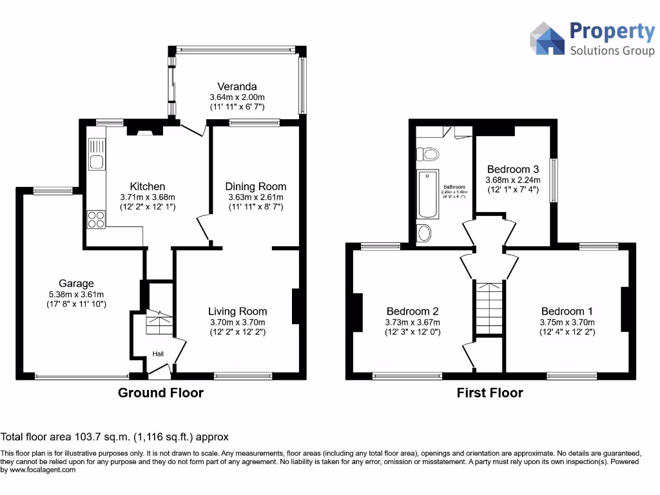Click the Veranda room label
tap(237, 86)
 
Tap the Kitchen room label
tap(148, 187)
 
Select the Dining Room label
tap(256, 187)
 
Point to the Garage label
tap(76, 283)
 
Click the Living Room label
tap(237, 311)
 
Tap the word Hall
tap(159, 354)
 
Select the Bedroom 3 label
tap(513, 170)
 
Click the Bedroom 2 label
tap(412, 311)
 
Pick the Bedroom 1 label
tap(567, 311)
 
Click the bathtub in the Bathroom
tap(428, 194)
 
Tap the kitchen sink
tap(97, 162)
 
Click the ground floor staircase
tap(159, 322)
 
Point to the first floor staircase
tap(489, 308)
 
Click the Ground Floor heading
tap(160, 393)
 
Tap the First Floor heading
tap(490, 393)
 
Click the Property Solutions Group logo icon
tap(547, 39)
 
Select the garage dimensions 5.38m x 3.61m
tap(76, 295)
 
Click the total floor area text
tap(115, 437)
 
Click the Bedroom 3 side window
tap(553, 181)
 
